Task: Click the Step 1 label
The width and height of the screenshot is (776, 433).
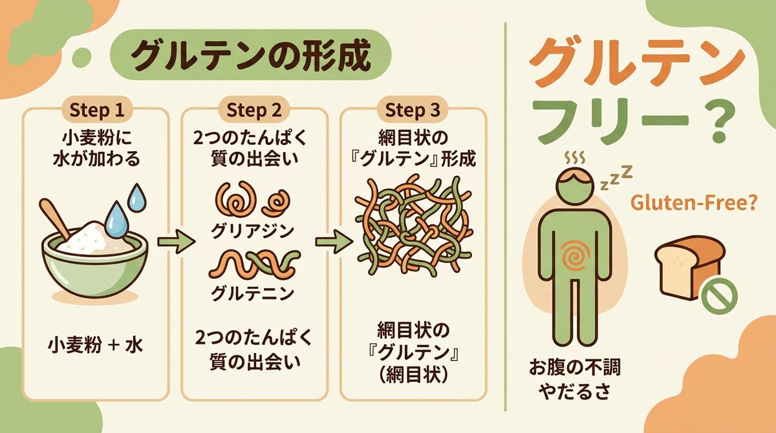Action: click(x=96, y=110)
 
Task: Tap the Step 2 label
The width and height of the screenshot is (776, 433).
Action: click(x=254, y=110)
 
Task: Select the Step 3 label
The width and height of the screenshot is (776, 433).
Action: click(x=413, y=110)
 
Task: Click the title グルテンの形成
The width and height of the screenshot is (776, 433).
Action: click(x=251, y=56)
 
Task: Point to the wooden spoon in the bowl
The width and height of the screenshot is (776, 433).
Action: click(x=55, y=217)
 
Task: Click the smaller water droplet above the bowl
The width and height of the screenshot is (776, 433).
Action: click(x=137, y=198)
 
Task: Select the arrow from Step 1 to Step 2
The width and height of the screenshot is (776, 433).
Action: click(x=176, y=241)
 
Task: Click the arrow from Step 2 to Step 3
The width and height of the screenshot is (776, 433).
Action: click(x=334, y=241)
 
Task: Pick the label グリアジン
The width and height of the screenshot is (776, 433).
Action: click(x=253, y=231)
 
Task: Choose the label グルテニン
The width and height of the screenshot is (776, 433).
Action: click(x=253, y=293)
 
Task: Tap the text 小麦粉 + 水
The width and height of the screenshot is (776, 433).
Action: click(x=95, y=346)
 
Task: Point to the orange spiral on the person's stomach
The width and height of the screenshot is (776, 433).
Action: click(x=575, y=256)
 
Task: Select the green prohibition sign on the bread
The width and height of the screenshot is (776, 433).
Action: click(x=720, y=297)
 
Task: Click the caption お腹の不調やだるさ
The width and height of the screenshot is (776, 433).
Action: click(x=575, y=379)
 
